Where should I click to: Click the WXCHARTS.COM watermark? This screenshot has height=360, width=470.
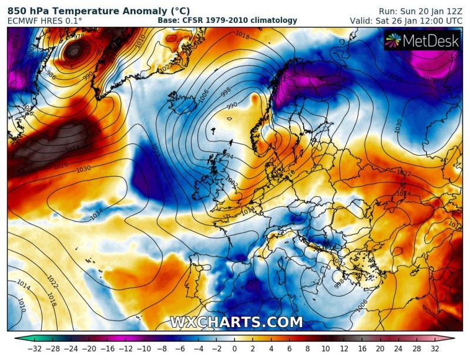[x=236, y=322]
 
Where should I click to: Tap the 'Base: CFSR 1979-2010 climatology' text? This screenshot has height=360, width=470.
[x=227, y=21]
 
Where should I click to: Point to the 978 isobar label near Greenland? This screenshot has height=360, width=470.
[x=78, y=36]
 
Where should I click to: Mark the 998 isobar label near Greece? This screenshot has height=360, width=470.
[x=339, y=285]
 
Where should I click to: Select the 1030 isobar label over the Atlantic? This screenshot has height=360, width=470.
[x=84, y=169]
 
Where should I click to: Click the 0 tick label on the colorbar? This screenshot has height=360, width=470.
[x=234, y=349]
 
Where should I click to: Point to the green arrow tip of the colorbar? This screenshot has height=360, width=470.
[x=17, y=339]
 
